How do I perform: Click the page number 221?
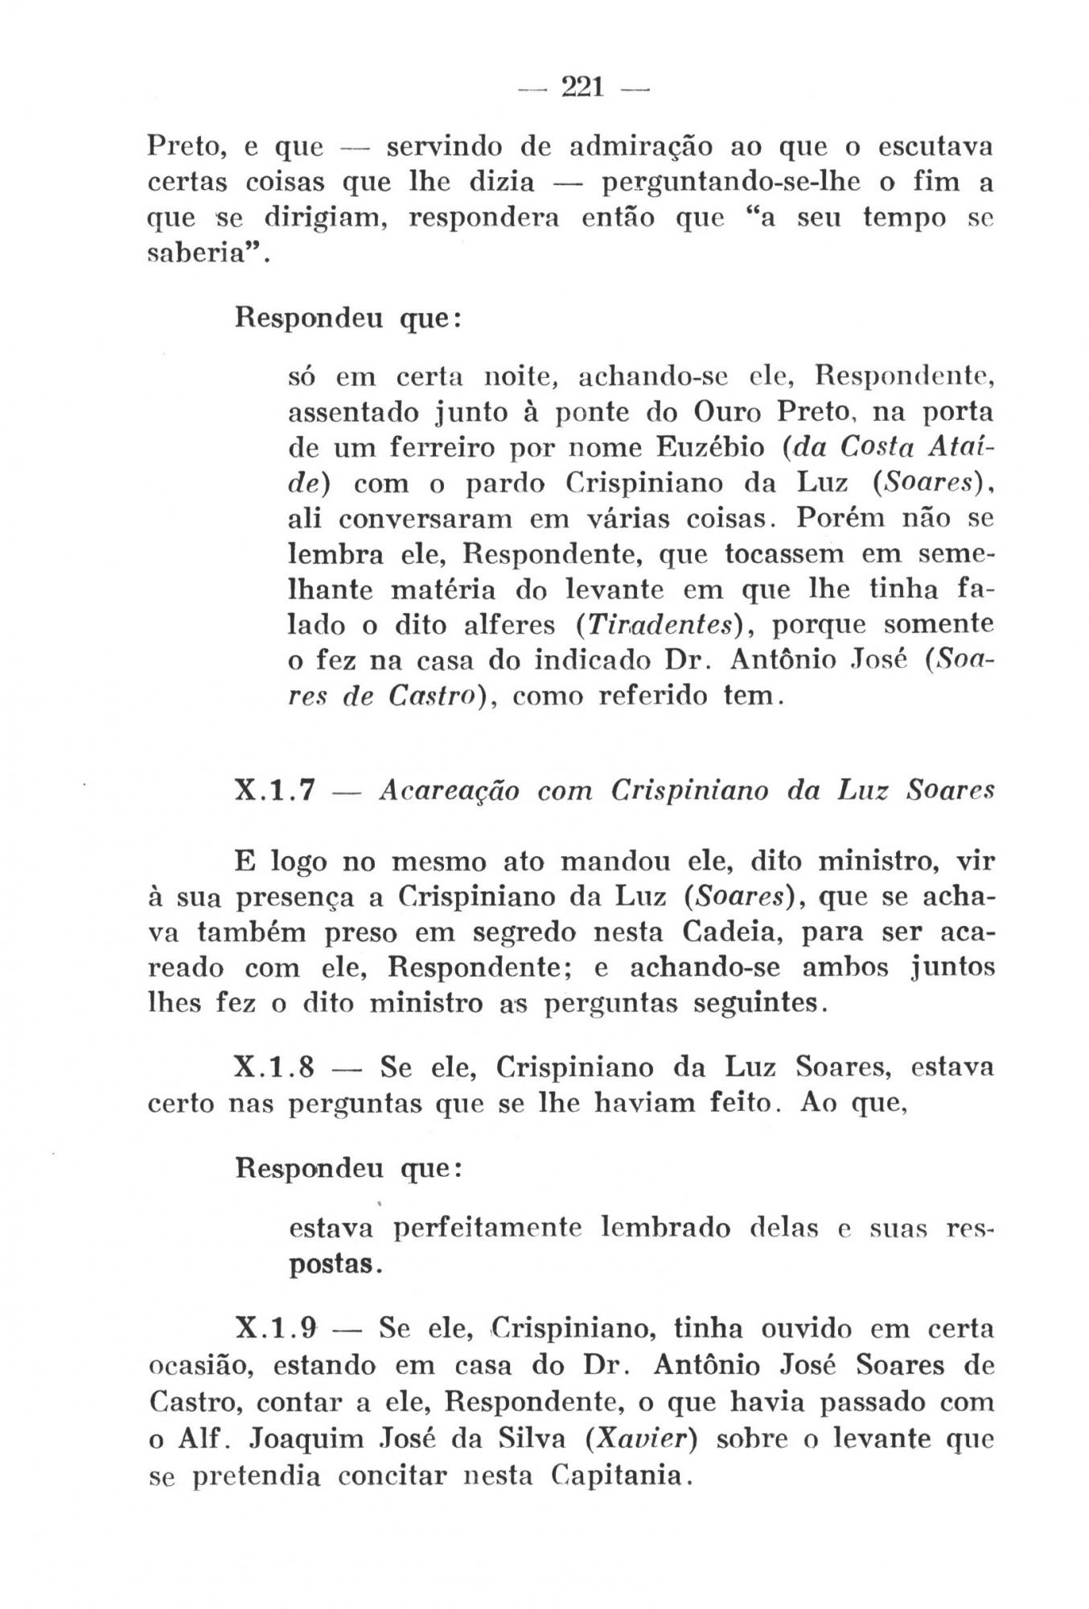[x=582, y=86]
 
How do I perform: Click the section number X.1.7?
[x=273, y=792]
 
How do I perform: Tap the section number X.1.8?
[x=273, y=1068]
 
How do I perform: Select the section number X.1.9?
[x=273, y=1329]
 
